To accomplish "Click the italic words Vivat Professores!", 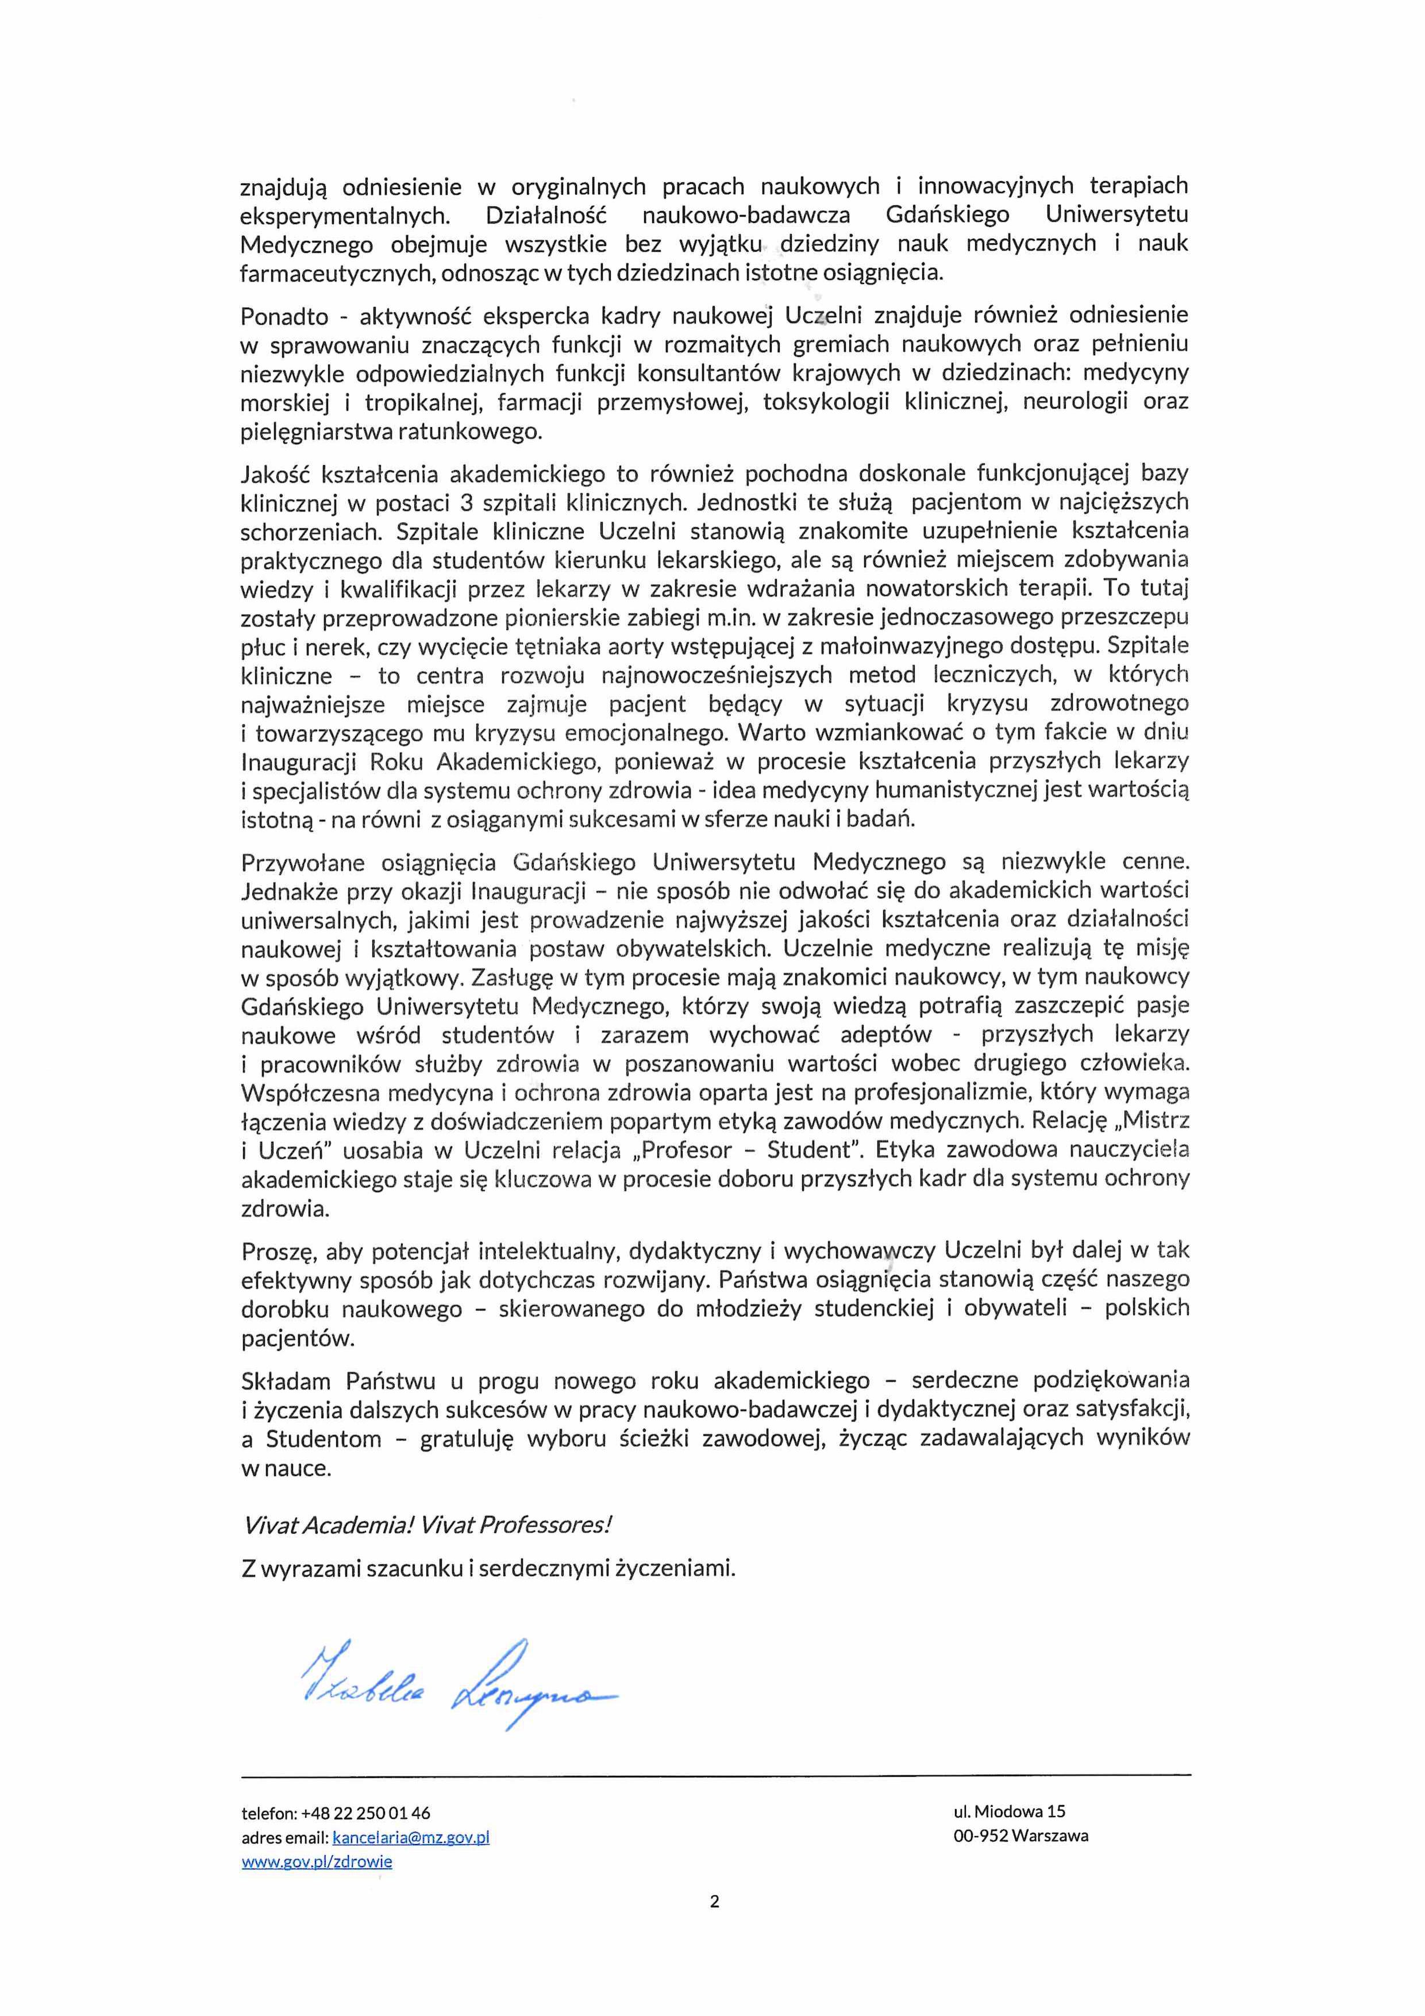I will coord(515,1524).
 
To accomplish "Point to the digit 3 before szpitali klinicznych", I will coord(466,503).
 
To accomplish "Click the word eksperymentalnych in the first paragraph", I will coord(345,215).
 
